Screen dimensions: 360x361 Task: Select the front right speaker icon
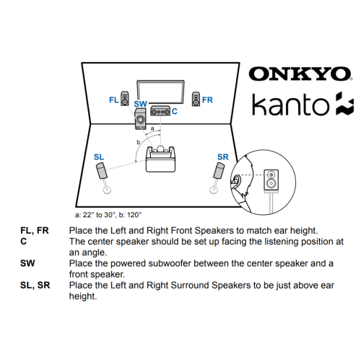195,98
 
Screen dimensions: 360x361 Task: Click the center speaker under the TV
160,112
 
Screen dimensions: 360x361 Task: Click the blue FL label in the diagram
113,99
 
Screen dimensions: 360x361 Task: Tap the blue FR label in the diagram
208,100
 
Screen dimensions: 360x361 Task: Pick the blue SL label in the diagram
99,157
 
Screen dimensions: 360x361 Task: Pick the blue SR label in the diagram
222,157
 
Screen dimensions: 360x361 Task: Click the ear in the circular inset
237,181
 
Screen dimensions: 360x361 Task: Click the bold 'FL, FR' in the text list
35,231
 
